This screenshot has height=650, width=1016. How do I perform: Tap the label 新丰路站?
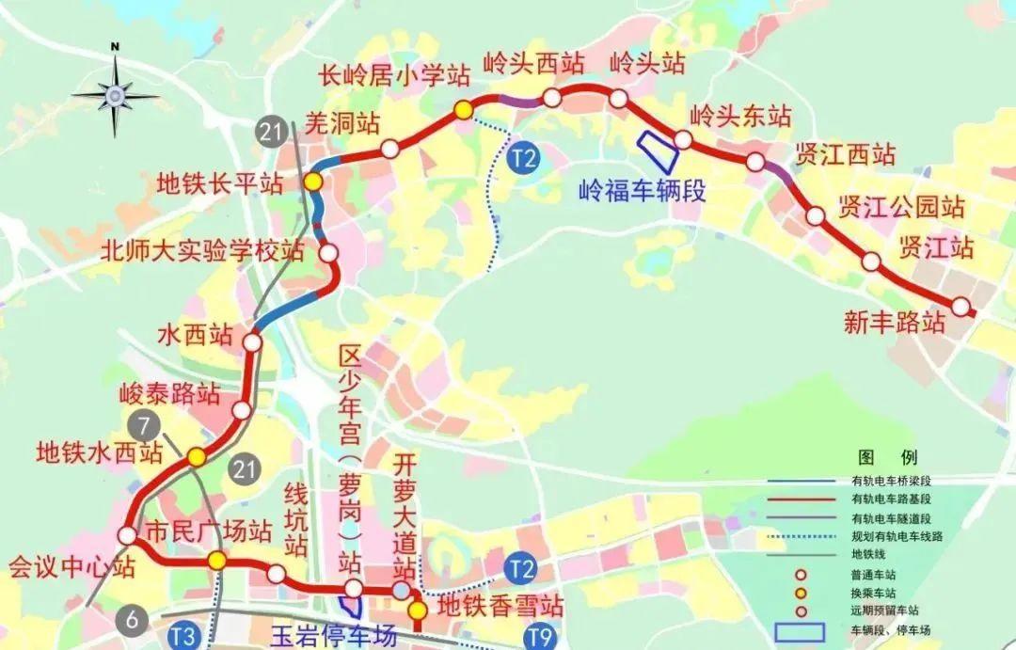[895, 323]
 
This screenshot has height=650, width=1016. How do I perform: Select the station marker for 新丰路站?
[960, 307]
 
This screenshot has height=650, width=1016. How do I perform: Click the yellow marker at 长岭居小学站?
[463, 110]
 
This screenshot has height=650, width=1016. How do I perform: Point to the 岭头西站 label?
[533, 64]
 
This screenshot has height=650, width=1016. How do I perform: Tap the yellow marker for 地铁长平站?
[313, 181]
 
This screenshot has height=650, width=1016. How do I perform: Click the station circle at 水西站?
[252, 342]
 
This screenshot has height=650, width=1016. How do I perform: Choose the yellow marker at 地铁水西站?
[196, 457]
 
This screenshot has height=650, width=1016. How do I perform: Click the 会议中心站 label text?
[72, 567]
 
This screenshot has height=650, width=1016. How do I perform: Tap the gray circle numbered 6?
[133, 618]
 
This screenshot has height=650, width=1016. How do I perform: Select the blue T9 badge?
[539, 637]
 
